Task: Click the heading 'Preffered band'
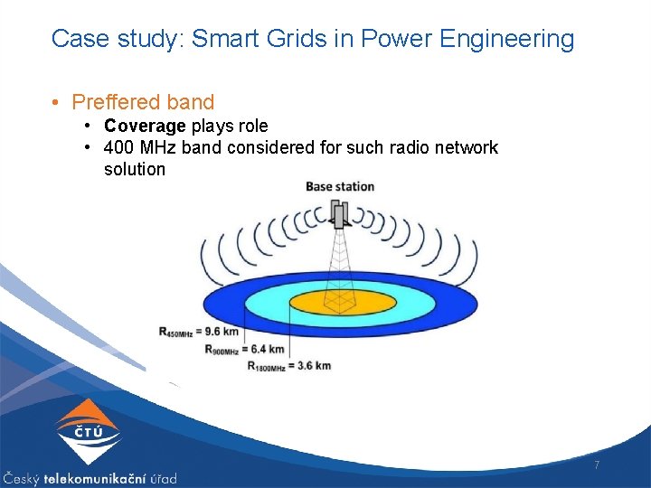pos(143,102)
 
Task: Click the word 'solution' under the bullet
pos(135,169)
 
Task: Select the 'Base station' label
pos(340,186)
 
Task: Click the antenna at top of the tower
pos(339,213)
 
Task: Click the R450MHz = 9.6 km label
pos(200,332)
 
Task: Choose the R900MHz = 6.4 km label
pos(244,349)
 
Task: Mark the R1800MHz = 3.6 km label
pos(289,366)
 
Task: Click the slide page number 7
pos(596,465)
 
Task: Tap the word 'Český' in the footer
pos(21,478)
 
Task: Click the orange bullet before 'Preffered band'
pos(57,102)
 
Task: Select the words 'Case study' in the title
pos(92,39)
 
